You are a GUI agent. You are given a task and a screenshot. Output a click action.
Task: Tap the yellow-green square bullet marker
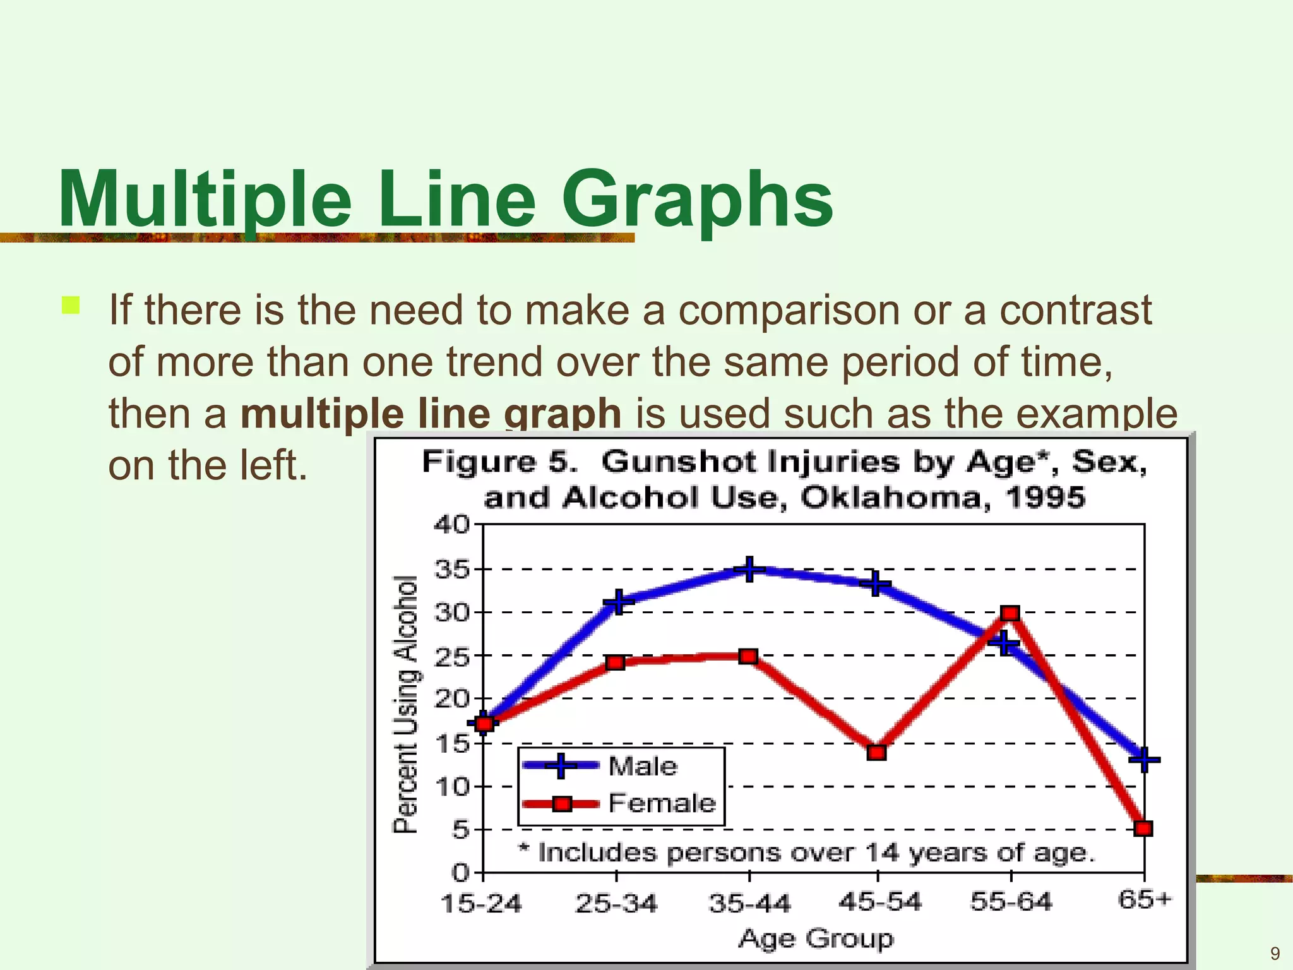tap(71, 306)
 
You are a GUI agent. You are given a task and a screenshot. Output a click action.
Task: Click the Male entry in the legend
tap(642, 766)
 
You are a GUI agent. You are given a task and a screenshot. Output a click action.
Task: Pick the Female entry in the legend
tap(661, 803)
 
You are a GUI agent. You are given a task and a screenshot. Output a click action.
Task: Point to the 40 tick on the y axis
tap(451, 524)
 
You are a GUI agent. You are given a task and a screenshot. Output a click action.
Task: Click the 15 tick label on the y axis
tap(451, 744)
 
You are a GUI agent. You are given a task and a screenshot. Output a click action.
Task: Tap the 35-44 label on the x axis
tap(749, 904)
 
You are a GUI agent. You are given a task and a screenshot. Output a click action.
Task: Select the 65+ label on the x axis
tap(1144, 899)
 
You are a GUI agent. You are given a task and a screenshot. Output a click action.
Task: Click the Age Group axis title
tap(816, 938)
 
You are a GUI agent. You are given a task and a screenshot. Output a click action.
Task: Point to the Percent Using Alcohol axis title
tap(405, 704)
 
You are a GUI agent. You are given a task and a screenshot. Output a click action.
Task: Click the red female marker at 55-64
tap(1010, 613)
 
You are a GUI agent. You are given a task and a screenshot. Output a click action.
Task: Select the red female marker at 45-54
tap(876, 752)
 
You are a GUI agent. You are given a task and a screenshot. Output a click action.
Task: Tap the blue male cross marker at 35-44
tap(749, 570)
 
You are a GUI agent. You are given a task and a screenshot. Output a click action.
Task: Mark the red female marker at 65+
tap(1143, 829)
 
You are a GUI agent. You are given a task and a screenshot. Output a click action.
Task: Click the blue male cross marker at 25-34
tap(619, 601)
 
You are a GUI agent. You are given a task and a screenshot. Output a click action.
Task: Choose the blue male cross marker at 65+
tap(1144, 758)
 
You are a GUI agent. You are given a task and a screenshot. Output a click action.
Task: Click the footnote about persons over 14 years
tap(806, 853)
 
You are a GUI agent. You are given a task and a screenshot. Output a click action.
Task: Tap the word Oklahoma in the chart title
tap(890, 498)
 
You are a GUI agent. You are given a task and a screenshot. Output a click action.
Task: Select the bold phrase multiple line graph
tap(431, 414)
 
